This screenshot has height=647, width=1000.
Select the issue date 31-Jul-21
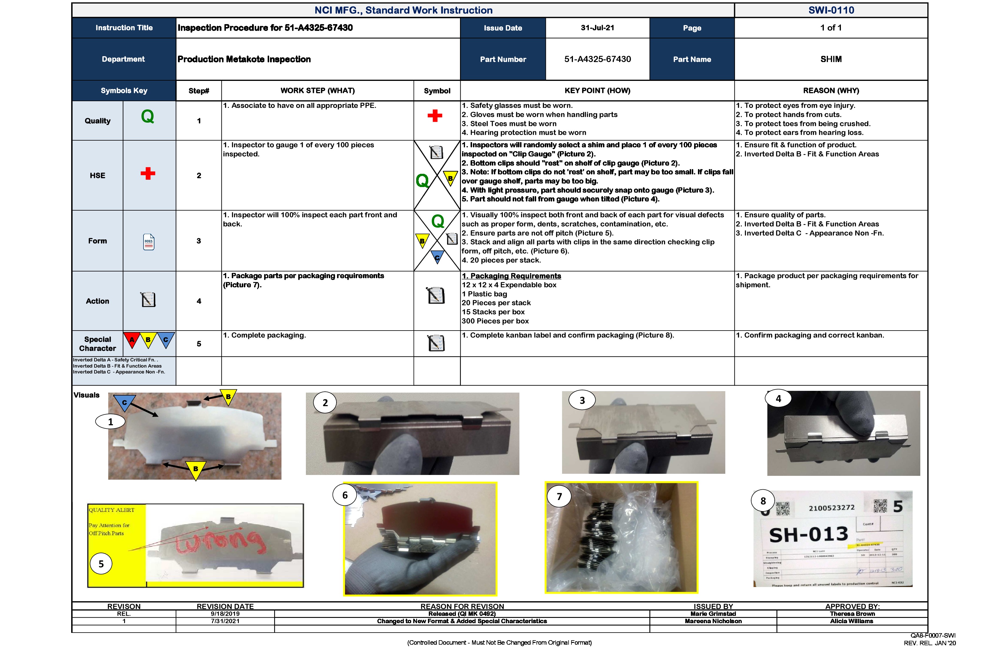point(597,28)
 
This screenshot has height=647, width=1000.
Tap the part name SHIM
point(831,59)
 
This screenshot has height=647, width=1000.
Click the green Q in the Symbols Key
point(147,116)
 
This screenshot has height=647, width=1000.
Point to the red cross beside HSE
point(148,174)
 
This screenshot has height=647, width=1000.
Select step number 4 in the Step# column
point(199,301)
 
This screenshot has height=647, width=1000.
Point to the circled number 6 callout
point(345,495)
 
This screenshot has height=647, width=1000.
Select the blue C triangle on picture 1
point(124,402)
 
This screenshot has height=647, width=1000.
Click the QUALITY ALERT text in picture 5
point(111,510)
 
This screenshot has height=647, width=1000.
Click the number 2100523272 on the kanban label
point(831,508)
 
